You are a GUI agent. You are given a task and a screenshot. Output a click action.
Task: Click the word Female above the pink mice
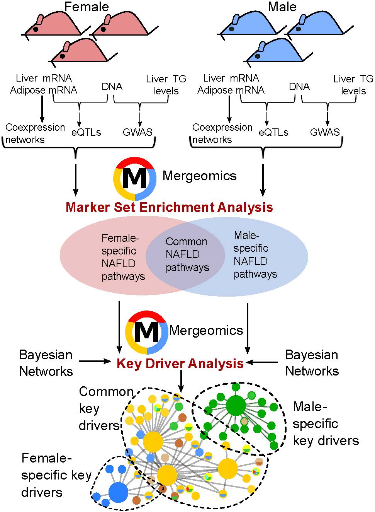[87, 7]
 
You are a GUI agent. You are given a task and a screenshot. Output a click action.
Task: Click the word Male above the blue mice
[282, 7]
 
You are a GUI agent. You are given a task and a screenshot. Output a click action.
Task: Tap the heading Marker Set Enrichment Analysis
[169, 207]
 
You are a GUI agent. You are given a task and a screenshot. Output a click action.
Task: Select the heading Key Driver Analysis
[180, 364]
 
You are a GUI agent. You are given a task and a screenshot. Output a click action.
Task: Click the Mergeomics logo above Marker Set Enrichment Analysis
[135, 179]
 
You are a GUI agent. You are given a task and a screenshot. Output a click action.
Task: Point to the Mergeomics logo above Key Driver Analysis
[146, 333]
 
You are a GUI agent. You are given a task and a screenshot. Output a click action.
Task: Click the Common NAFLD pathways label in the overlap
[187, 254]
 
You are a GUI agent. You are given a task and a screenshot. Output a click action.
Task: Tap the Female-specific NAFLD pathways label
[123, 258]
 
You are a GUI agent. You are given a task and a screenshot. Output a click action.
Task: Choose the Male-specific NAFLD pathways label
[255, 255]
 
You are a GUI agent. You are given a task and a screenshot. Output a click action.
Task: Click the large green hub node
[236, 406]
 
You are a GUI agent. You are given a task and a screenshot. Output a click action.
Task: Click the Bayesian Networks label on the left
[46, 363]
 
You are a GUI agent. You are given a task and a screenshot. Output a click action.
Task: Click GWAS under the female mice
[137, 132]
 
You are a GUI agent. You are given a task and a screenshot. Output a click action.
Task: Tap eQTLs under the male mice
[273, 132]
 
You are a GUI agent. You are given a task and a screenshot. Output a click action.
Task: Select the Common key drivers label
[106, 408]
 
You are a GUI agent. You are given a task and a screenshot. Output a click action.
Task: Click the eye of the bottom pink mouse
[62, 56]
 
